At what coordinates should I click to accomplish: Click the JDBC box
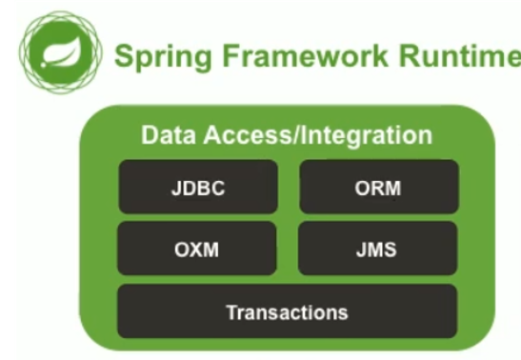click(198, 187)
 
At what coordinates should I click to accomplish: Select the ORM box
click(378, 187)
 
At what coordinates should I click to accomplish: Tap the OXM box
click(198, 250)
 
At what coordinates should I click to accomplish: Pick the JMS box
click(378, 250)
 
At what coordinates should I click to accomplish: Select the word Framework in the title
click(294, 56)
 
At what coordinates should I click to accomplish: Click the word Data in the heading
click(163, 134)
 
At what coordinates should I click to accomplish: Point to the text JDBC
click(198, 188)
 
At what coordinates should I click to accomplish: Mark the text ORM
click(378, 188)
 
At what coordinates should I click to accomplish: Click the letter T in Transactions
click(230, 311)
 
